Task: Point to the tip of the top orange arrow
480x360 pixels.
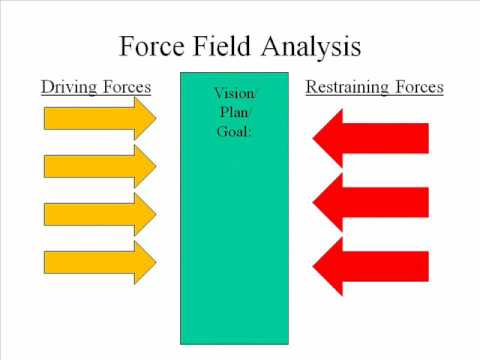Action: [x=156, y=119]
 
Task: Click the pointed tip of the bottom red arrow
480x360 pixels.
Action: [x=315, y=264]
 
